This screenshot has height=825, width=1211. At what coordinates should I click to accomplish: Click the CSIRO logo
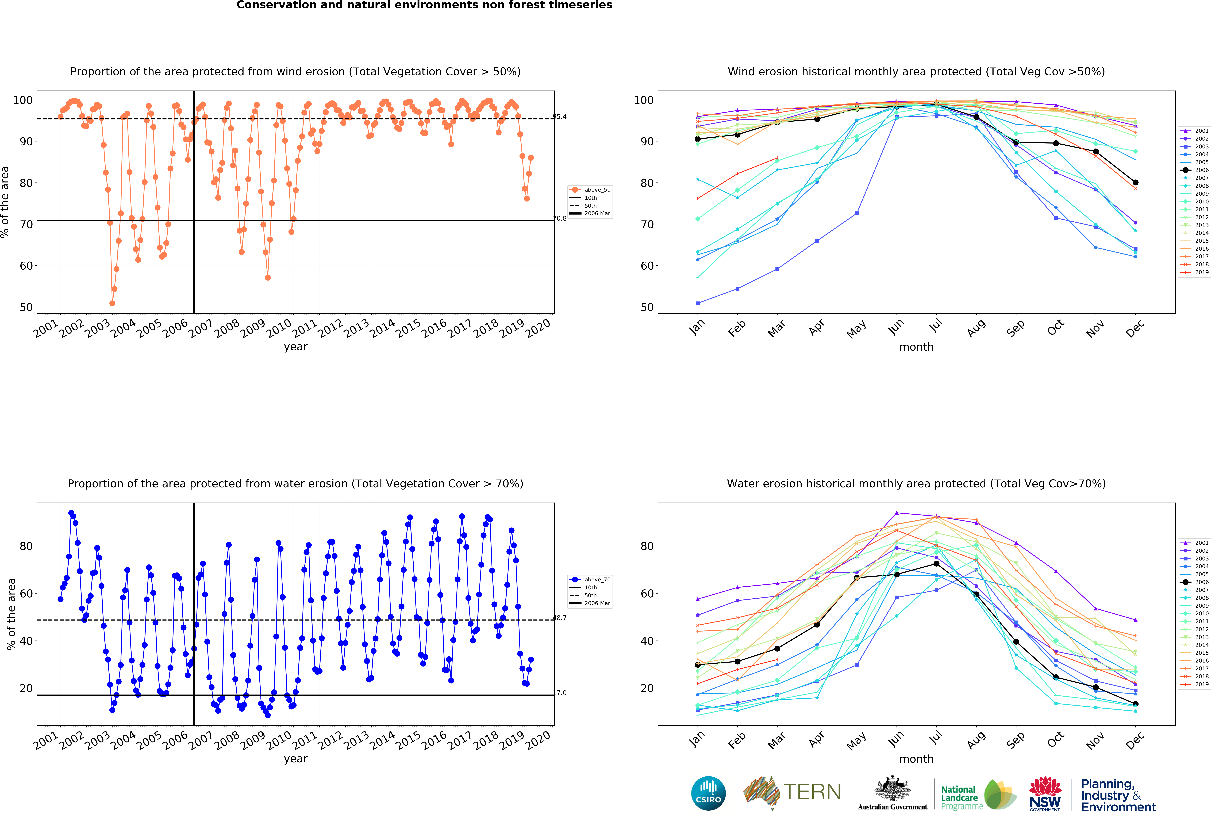[x=708, y=793]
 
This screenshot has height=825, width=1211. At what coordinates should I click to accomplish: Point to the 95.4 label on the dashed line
[x=560, y=117]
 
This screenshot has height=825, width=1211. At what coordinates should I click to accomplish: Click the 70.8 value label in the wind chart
[x=560, y=218]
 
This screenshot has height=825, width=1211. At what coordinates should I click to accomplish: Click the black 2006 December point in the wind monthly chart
[x=1135, y=182]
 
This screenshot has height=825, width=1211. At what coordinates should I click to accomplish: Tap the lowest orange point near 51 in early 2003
[x=112, y=303]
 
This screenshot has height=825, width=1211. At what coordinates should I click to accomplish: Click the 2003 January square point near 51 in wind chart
[x=698, y=303]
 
